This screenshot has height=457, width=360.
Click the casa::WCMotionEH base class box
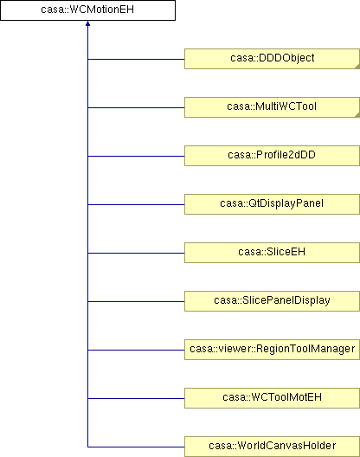pos(87,10)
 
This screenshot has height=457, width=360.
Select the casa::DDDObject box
pos(272,59)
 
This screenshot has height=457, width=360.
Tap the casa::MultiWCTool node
pos(272,107)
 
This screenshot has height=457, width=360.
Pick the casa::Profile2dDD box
pos(272,156)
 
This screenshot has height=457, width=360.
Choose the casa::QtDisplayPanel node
pos(272,204)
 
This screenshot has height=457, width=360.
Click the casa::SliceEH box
pos(272,253)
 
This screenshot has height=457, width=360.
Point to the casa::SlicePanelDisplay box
pos(272,301)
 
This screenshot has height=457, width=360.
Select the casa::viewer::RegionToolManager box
pos(272,350)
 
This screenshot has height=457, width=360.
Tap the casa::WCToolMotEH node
pos(272,398)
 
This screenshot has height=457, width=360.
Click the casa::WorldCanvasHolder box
pos(272,447)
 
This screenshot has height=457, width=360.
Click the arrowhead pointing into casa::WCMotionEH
pos(87,23)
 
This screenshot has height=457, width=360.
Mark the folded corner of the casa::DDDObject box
pos(357,67)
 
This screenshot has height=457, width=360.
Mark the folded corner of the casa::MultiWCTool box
pos(357,115)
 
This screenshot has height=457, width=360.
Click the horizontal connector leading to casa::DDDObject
pos(136,59)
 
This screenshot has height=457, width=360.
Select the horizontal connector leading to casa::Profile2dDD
pos(136,156)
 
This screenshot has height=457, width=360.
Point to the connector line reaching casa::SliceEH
pos(136,253)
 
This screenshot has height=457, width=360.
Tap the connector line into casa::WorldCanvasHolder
pos(136,447)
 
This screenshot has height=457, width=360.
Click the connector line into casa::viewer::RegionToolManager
pos(136,350)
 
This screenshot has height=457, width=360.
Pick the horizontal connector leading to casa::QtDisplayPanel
pos(136,204)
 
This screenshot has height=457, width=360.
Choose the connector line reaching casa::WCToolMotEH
pos(136,398)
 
